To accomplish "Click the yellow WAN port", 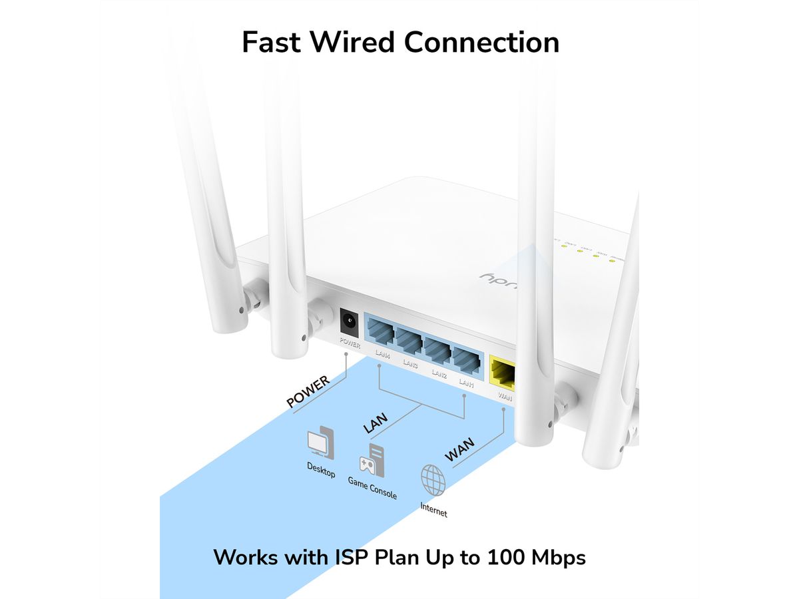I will [503, 373].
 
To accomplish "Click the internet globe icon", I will [433, 479].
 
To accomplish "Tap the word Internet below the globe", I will [433, 510].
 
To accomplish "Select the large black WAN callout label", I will [460, 450].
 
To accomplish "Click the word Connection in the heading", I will [482, 42].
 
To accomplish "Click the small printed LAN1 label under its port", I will [465, 384].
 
